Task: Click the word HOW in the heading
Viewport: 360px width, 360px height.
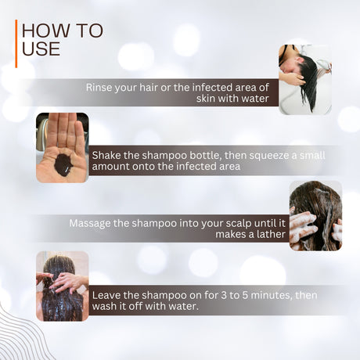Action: tap(45, 31)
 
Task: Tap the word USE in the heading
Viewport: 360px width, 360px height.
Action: tap(41, 49)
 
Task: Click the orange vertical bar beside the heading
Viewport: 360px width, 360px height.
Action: tap(16, 44)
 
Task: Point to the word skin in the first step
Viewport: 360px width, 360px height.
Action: tap(206, 99)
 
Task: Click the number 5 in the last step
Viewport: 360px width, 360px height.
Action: tap(246, 295)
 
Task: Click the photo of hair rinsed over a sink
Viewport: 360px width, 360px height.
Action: tap(305, 80)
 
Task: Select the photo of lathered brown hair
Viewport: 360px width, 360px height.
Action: tap(315, 216)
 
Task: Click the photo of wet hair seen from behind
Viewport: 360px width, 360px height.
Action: tap(63, 286)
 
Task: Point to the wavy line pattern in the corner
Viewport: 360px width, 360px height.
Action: tap(22, 335)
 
